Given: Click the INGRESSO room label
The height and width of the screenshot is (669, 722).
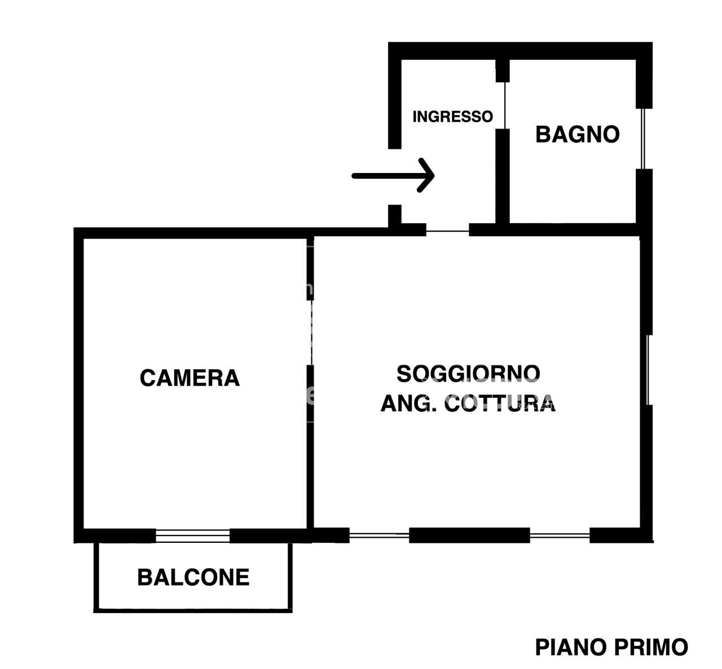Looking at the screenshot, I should click(452, 117).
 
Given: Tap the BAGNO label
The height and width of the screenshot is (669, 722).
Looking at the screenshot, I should click(577, 135).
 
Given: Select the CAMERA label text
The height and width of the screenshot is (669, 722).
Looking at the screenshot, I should click(190, 378).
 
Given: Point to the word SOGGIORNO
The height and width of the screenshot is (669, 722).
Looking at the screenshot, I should click(468, 374).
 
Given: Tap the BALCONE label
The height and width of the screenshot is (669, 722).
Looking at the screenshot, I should click(193, 578).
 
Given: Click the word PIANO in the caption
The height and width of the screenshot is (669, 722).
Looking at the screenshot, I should click(570, 648).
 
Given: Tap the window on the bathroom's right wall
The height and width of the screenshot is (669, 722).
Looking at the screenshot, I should click(642, 138).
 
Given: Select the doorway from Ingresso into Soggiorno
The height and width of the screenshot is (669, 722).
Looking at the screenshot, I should click(447, 231).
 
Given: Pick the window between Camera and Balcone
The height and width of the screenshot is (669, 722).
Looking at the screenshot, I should click(192, 535).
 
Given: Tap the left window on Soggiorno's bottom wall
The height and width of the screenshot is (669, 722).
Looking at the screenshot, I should click(379, 535).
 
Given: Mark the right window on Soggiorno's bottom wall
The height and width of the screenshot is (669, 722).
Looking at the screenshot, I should click(560, 535).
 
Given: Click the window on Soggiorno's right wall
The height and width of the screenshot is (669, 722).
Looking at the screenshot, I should click(648, 370).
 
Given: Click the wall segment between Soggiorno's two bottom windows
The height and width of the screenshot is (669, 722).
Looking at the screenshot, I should click(469, 535).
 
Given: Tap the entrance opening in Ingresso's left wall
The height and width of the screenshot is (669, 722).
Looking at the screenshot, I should click(395, 176).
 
